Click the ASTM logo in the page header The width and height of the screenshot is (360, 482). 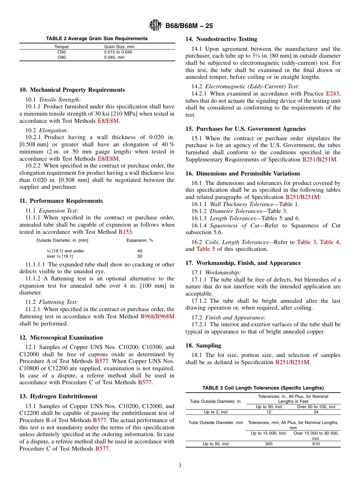coord(155,26)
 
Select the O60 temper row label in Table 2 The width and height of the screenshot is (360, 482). coord(61,57)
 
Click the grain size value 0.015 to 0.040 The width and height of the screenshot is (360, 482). coord(118,52)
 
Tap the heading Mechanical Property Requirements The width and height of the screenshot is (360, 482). coord(72,90)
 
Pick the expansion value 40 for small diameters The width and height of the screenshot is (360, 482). coord(140,251)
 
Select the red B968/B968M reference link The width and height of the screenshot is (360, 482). coord(157,316)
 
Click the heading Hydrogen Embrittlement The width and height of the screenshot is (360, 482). coord(58,396)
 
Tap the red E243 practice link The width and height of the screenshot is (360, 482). coord(333,94)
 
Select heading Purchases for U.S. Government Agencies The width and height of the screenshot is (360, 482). coord(246,129)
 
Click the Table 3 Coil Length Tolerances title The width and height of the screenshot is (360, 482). coord(263,388)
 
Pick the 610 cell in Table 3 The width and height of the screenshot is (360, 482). coord(316,444)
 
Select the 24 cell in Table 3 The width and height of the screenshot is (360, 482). coord(316,412)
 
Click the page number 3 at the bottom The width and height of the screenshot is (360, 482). coord(180,466)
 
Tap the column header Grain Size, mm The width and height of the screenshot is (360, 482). coord(119,47)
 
